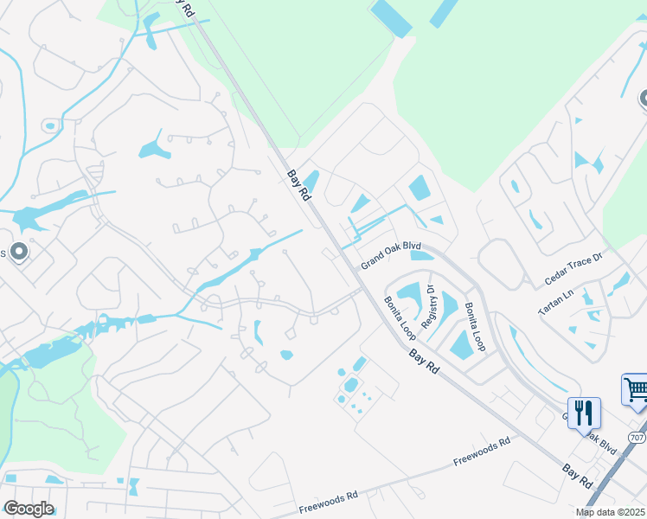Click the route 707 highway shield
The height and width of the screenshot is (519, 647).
tap(637, 439)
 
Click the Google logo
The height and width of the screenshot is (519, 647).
tap(28, 509)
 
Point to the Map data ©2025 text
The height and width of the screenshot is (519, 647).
tap(610, 512)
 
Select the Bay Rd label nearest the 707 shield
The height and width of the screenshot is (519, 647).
tap(578, 475)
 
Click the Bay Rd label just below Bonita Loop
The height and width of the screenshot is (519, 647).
tap(424, 360)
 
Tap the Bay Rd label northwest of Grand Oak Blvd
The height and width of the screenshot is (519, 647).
tap(298, 185)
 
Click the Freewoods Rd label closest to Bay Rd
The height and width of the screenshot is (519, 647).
tap(481, 452)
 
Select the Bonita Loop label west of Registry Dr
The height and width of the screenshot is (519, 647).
tap(400, 317)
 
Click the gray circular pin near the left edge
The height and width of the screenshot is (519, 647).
tap(20, 252)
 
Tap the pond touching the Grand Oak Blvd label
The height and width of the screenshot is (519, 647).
tap(421, 254)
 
